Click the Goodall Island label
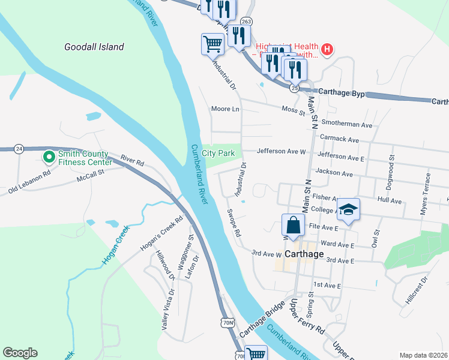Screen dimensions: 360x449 (x=94, y=47)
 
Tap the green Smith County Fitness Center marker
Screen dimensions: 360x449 (x=47, y=157)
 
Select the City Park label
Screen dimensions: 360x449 (x=218, y=154)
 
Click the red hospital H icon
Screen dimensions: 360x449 (x=327, y=49)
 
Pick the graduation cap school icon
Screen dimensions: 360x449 (x=348, y=210)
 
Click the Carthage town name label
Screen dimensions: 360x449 (x=303, y=254)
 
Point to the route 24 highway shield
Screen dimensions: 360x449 (x=19, y=148)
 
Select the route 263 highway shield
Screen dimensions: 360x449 (x=246, y=21)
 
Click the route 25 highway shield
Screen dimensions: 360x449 (x=294, y=88)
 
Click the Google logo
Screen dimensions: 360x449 (x=20, y=353)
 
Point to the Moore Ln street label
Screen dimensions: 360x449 (x=225, y=109)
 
